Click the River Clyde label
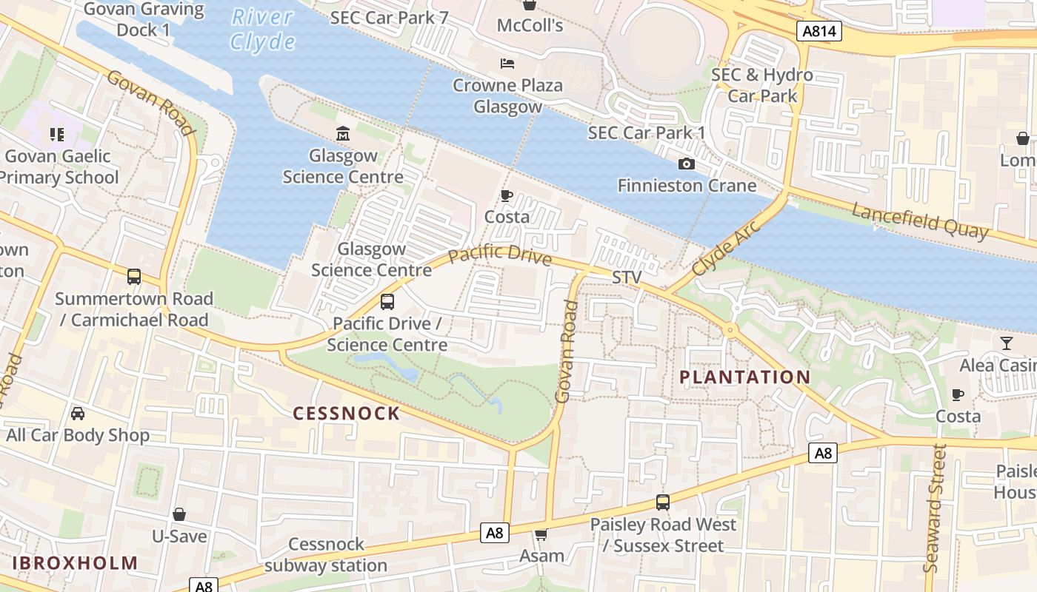262,30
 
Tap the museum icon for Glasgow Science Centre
343,134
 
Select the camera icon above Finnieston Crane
687,164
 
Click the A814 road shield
819,31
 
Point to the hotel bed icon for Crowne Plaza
507,64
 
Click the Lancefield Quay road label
919,221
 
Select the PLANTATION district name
744,377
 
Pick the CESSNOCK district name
347,413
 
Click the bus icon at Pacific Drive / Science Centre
387,301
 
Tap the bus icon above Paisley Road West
663,502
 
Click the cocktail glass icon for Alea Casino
1006,343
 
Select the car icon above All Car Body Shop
78,413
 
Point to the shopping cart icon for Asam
541,534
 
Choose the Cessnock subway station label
326,555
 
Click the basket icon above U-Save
179,514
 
